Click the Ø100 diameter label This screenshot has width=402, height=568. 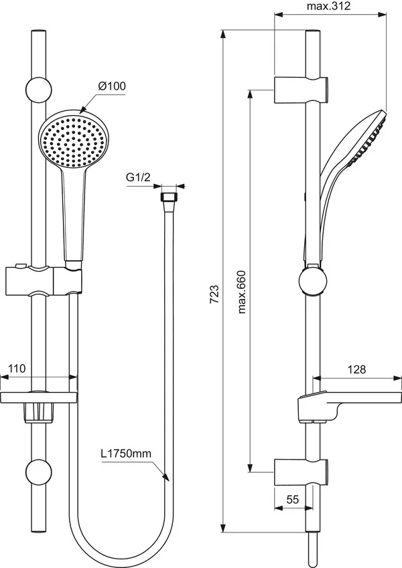112,86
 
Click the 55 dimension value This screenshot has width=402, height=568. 293,498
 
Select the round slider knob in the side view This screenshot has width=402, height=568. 312,281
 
